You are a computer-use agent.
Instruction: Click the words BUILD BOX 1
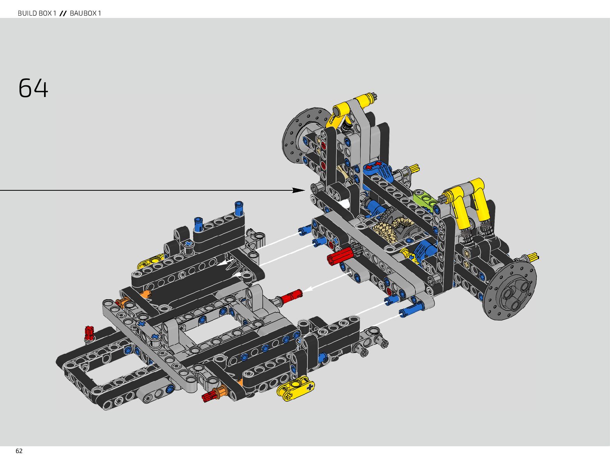37,13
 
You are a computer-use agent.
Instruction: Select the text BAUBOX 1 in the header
86,13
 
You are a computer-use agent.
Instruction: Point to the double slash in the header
63,13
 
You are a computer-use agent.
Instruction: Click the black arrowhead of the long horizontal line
299,190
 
